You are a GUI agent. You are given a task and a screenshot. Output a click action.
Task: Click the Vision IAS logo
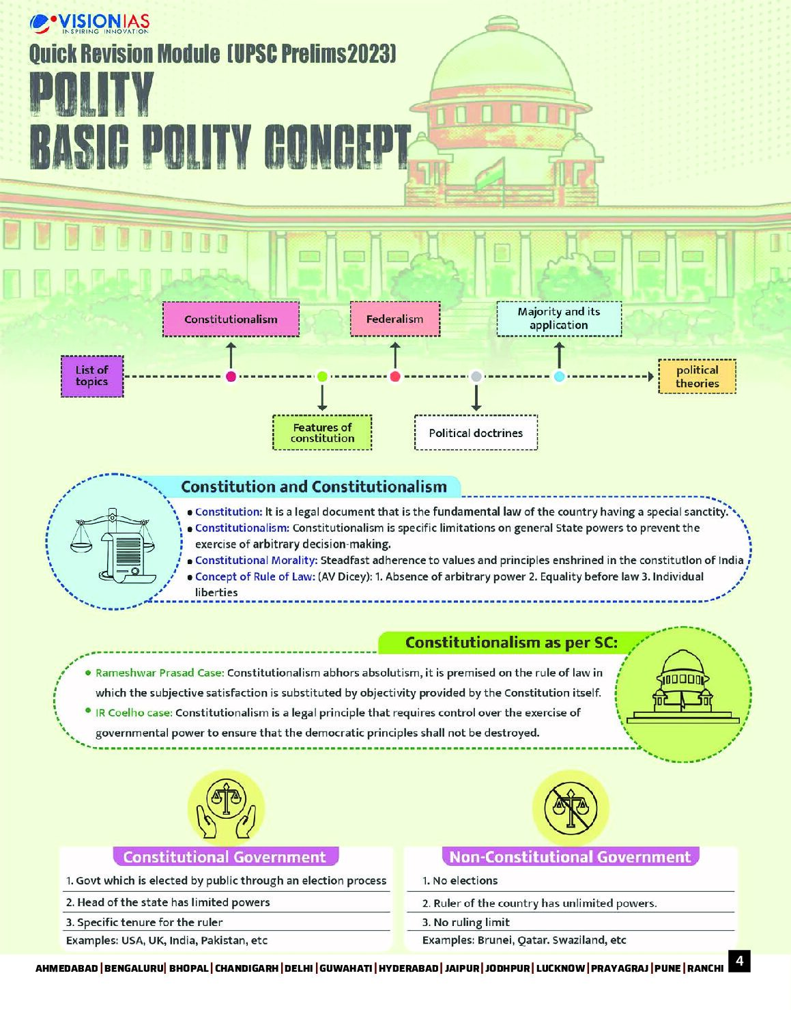(89, 24)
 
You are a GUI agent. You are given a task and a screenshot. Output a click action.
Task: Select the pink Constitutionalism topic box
(231, 320)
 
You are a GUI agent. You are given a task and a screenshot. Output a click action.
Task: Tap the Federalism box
(394, 319)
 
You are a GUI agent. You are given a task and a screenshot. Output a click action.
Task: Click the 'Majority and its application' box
(559, 318)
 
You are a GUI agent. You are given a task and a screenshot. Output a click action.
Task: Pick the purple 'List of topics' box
(92, 376)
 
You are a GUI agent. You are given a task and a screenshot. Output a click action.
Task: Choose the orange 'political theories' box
(697, 376)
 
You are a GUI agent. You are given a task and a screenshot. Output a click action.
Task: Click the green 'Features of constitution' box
(322, 433)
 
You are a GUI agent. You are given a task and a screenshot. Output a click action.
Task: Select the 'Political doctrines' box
(476, 433)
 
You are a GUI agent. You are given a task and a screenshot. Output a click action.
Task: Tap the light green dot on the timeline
(322, 376)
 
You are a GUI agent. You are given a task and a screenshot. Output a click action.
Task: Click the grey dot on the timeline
(476, 376)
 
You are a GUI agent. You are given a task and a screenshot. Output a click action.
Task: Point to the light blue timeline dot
(559, 376)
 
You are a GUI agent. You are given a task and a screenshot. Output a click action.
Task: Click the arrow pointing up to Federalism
(394, 356)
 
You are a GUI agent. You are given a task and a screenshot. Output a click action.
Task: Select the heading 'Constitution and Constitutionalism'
(314, 487)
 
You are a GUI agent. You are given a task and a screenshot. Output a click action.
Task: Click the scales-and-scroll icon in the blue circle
(113, 544)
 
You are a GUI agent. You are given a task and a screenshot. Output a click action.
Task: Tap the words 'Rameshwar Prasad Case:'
(160, 673)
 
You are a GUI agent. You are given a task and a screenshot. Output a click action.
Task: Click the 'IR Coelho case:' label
(134, 713)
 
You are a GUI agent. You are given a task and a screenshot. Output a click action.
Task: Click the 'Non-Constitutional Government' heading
(571, 856)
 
